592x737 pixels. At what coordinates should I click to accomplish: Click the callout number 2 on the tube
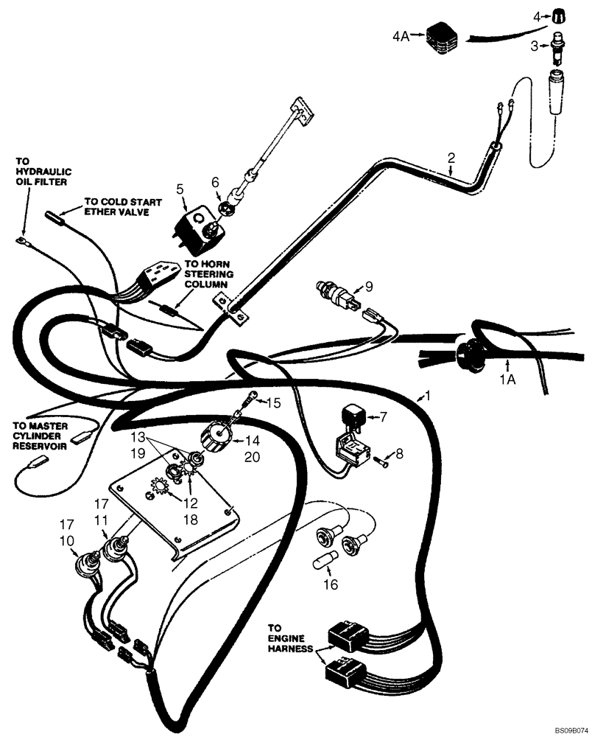click(451, 157)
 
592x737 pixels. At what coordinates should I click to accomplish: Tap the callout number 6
click(215, 181)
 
